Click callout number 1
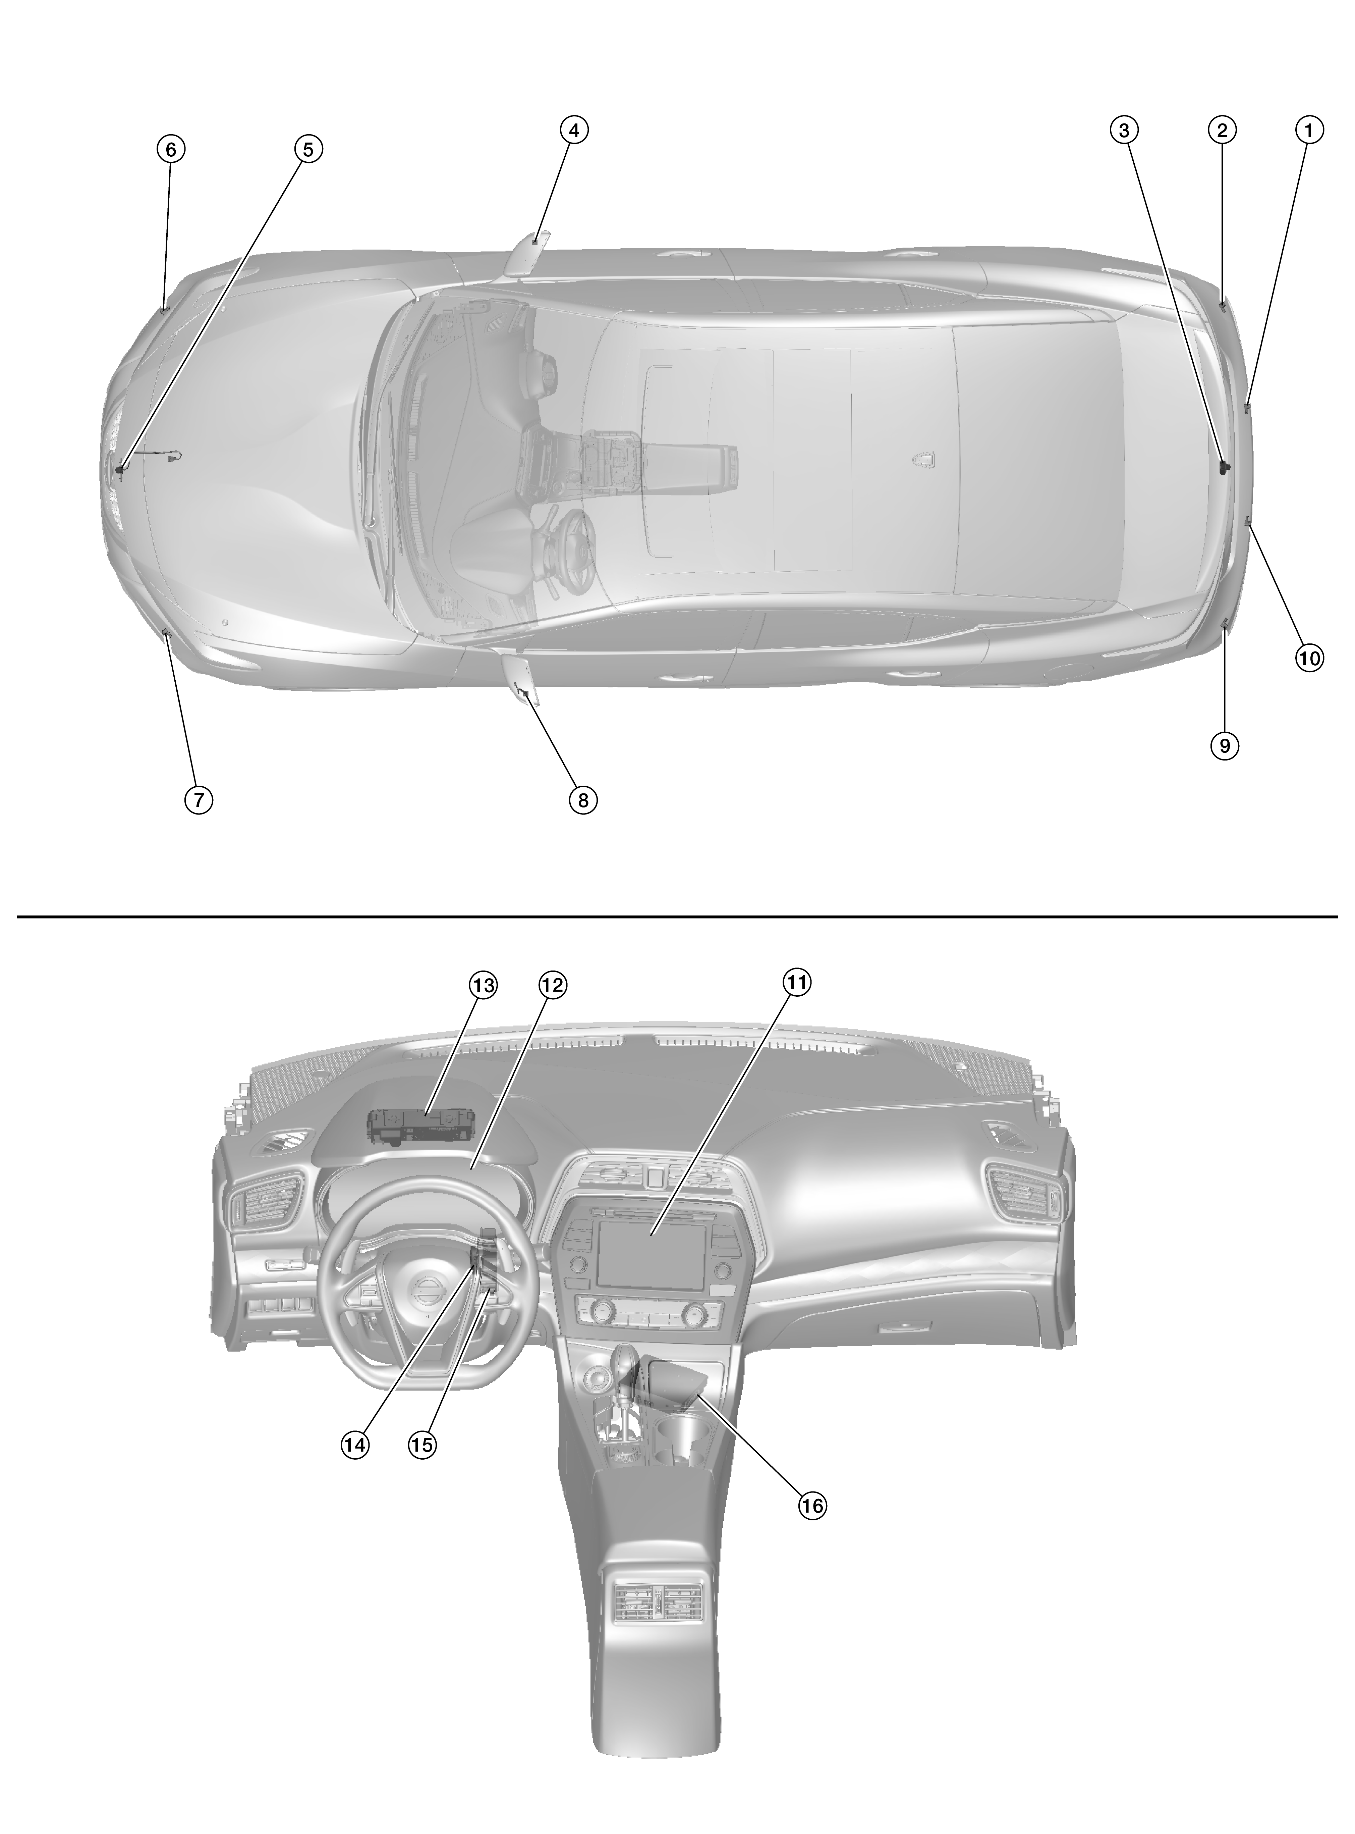tap(1309, 129)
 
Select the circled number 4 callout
tap(574, 129)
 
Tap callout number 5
tap(307, 149)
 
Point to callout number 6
tap(171, 149)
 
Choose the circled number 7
tap(199, 798)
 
